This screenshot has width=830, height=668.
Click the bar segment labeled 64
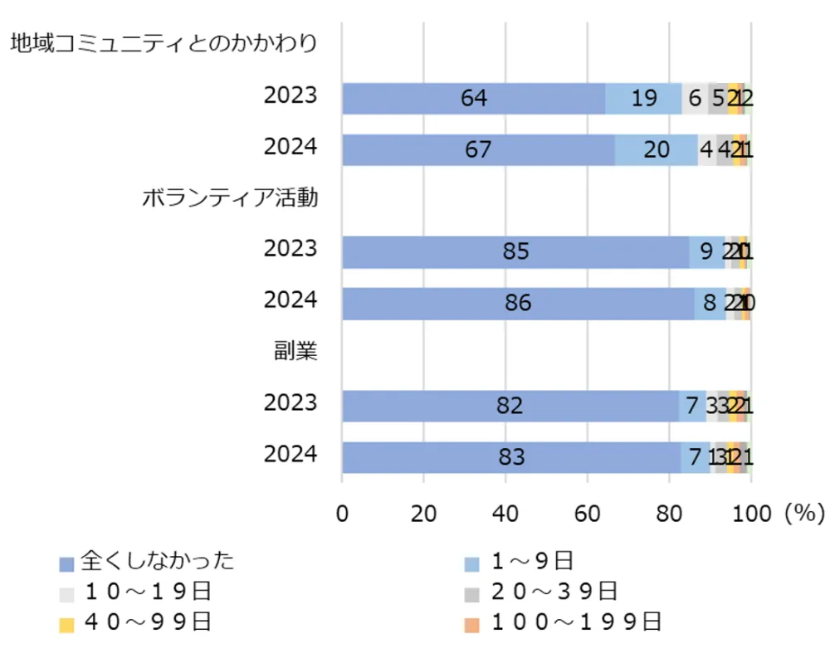[473, 99]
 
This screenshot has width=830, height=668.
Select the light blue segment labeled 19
[643, 99]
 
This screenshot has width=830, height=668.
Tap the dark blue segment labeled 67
[478, 150]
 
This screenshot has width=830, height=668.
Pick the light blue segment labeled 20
[656, 150]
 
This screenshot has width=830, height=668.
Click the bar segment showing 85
[515, 252]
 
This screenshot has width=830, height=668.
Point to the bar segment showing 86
[518, 304]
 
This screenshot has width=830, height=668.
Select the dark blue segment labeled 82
[510, 406]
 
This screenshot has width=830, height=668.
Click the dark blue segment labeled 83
[512, 457]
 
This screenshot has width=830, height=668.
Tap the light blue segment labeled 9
[706, 252]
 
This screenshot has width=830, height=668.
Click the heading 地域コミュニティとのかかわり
[164, 44]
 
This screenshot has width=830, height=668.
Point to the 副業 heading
[296, 352]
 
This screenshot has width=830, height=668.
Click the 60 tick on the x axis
[588, 514]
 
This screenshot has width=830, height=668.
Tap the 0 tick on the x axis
[342, 514]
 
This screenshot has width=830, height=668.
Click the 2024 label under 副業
[290, 454]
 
